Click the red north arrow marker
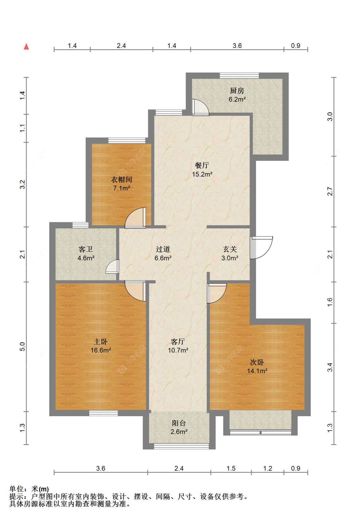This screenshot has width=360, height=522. (x=26, y=46)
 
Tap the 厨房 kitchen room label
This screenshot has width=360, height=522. (x=237, y=91)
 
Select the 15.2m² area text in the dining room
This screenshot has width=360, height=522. (x=202, y=174)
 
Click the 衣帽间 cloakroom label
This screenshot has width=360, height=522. (x=121, y=179)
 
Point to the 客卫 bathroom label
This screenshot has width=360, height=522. (x=85, y=249)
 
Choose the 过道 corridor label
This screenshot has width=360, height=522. (x=163, y=249)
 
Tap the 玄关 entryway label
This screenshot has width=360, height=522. (x=230, y=249)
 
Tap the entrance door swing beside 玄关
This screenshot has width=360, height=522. (x=261, y=248)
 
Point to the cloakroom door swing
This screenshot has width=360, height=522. (x=135, y=218)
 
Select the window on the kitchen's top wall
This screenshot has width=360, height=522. (x=239, y=75)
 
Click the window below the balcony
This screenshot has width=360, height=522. (x=181, y=446)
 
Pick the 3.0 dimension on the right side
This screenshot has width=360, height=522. (x=330, y=116)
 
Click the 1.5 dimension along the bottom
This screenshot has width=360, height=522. (x=231, y=468)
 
